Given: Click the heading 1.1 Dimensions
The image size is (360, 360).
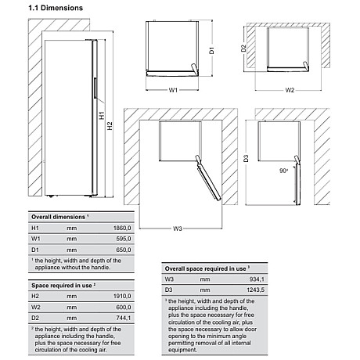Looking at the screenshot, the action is point(56,8).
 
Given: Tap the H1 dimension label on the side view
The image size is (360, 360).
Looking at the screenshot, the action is point(102,115).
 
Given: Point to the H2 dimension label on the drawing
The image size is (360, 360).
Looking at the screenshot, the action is point(110,126).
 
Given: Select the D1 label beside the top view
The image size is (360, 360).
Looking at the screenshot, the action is point(211,51).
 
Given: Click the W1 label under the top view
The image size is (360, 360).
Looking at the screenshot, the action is point(173,90).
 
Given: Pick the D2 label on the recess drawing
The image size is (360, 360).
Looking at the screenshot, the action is point(243,49).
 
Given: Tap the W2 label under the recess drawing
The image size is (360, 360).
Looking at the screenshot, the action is point(290,90).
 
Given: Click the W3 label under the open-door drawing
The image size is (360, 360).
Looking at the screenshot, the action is point(178,229).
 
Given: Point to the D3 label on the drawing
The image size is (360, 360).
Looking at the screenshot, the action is point(246,158).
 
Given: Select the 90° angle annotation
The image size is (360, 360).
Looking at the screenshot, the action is point(284,171).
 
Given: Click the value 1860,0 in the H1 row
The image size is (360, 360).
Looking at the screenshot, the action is point(122,228).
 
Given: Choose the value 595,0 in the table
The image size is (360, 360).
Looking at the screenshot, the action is point(124,239).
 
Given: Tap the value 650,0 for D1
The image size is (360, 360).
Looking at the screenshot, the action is point(124,250).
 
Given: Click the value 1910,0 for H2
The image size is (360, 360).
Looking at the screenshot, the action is point(122,296).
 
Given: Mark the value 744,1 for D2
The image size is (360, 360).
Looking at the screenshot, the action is point(124,318).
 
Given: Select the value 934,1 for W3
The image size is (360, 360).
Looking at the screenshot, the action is point(257,279).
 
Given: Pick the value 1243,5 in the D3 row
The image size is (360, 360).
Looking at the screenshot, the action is point(256,290).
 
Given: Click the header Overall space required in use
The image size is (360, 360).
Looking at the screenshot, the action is point(207,268).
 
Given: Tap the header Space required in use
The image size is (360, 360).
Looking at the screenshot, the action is point(63,286).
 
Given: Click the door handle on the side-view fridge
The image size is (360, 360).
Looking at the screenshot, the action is point(95,88).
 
